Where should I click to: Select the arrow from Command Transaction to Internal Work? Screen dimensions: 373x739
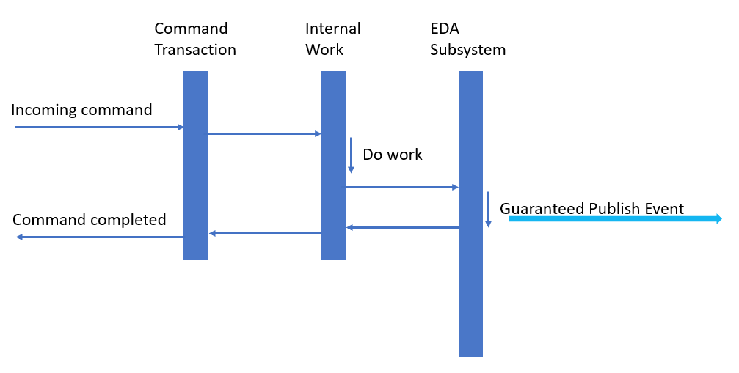264,133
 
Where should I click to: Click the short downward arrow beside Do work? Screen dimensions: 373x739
351,155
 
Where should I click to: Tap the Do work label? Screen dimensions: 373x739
393,155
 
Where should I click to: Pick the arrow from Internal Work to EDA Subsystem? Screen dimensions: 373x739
401,187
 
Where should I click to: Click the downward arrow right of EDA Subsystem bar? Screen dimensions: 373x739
488,209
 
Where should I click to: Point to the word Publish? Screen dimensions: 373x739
614,209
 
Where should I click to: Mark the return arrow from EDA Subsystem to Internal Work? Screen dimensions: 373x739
402,227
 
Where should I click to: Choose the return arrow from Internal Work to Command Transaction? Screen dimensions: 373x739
265,233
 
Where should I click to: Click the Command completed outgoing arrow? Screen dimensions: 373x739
99,237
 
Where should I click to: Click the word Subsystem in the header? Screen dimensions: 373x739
467,51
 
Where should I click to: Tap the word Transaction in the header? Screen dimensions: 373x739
195,51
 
